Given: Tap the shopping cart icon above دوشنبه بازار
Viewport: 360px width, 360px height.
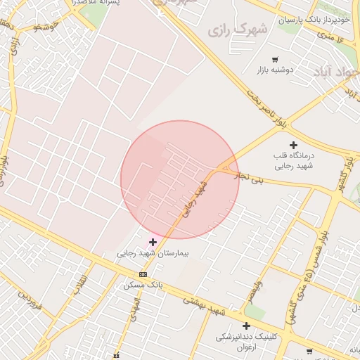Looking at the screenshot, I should pos(275,59).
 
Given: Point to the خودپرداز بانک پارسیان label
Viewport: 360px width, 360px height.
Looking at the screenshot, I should pos(314,20).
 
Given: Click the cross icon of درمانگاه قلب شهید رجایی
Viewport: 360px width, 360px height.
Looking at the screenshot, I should pos(293,145).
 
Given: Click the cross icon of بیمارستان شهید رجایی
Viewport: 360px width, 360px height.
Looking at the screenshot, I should pos(153,242).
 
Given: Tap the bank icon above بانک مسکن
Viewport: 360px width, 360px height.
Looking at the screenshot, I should pos(143,274).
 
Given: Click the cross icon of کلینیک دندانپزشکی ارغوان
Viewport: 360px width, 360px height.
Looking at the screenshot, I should pos(246,326).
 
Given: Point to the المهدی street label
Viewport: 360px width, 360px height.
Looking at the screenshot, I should pos(133,307).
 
